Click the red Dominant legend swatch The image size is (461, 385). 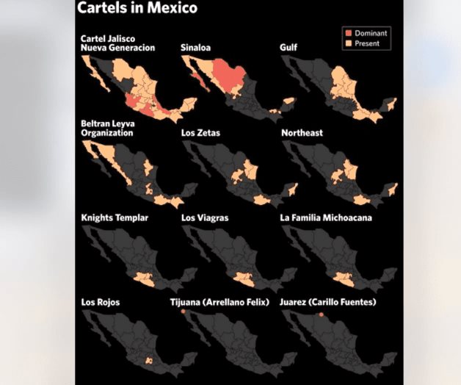point(349,33)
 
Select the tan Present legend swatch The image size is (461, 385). point(349,44)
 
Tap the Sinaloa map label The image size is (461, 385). point(196,48)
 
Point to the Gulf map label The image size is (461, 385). point(288,48)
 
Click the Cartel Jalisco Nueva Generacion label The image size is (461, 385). point(117,43)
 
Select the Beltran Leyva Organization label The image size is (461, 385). point(107,129)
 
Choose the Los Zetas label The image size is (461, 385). point(200,133)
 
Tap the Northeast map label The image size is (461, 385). point(302,133)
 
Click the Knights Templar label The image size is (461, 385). point(115,218)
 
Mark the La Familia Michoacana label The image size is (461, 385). point(326,218)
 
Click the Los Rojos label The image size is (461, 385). point(100,302)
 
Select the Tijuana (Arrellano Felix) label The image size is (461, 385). point(225,302)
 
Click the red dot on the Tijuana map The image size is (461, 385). point(184,311)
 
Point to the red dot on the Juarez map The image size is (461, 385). point(321,314)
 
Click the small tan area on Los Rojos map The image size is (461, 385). point(150,360)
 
